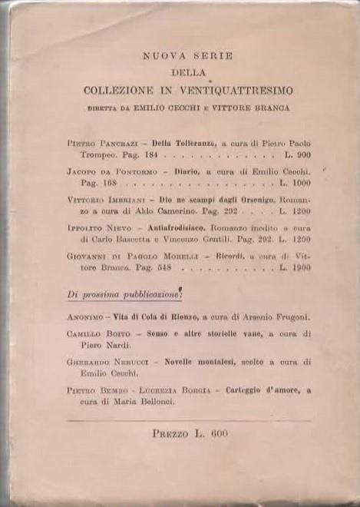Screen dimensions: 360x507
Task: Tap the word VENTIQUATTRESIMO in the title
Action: point(232,90)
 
